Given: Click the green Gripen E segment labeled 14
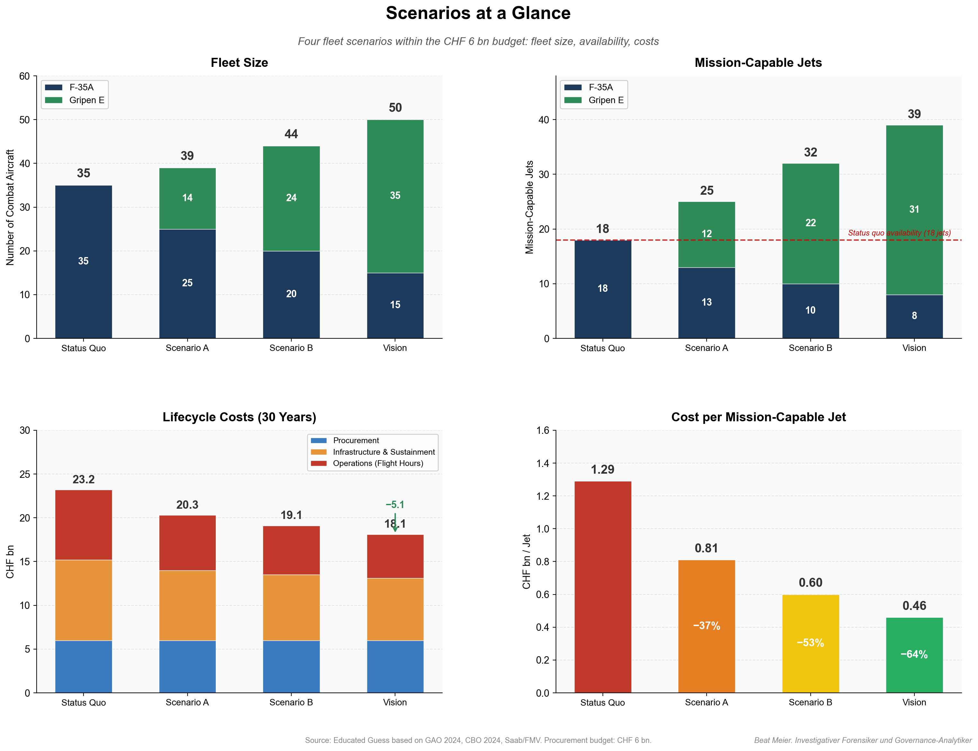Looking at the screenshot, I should click(x=187, y=198).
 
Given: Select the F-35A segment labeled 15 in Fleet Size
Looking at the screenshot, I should click(x=395, y=305).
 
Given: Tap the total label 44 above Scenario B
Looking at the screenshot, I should click(x=291, y=134).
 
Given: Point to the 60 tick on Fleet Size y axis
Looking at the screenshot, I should click(x=25, y=76).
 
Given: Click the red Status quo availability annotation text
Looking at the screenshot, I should click(x=899, y=233).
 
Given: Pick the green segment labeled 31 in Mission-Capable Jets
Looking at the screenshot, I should click(x=914, y=209).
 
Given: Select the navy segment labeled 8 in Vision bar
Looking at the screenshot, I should click(x=914, y=316).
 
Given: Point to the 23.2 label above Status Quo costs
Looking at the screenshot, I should click(x=84, y=480).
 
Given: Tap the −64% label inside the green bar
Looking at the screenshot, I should click(x=914, y=655).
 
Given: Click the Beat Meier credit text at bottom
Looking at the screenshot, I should click(x=862, y=740).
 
